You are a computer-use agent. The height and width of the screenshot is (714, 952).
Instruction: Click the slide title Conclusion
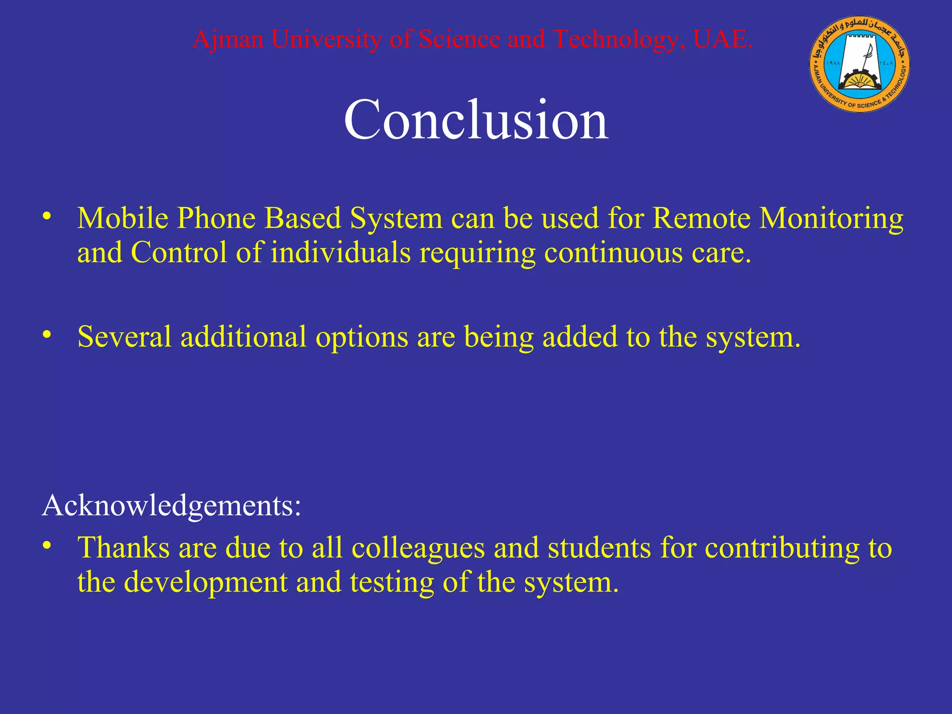tap(476, 120)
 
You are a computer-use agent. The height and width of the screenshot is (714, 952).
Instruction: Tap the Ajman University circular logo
tap(859, 64)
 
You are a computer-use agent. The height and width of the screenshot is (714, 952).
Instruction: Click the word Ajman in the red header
tap(228, 39)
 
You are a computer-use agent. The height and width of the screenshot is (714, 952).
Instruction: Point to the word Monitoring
tap(831, 218)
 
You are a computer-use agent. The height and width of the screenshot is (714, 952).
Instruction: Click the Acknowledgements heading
tap(172, 506)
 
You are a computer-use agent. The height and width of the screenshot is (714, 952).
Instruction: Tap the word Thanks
tap(124, 547)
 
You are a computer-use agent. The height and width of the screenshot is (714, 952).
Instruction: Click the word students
tap(599, 547)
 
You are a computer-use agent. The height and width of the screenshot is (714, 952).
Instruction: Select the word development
tap(206, 582)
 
